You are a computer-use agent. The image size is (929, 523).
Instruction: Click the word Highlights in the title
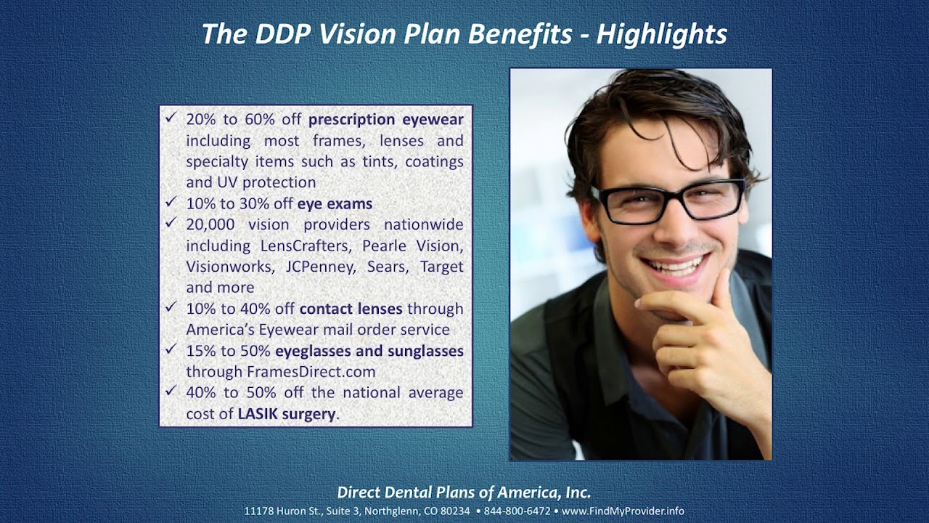661,34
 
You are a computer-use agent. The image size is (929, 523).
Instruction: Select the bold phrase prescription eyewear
385,119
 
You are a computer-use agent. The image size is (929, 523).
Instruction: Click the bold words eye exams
335,203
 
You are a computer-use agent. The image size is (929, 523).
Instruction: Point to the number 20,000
210,224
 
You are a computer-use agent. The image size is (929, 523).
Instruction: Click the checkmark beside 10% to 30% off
171,202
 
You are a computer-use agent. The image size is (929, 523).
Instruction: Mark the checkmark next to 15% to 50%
171,349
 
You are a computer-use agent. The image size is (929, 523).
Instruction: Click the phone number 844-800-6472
517,511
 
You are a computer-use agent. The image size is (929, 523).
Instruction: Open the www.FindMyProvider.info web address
623,511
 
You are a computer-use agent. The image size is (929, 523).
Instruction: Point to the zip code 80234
454,511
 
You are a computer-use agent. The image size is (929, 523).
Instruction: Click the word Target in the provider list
441,267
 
